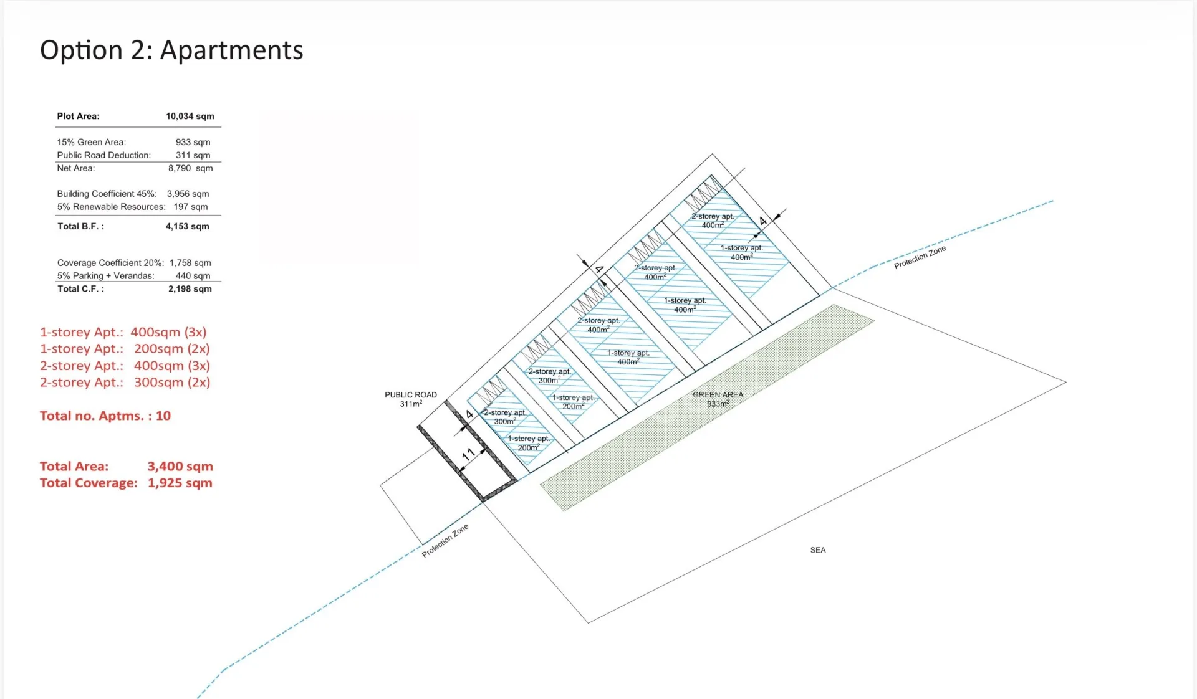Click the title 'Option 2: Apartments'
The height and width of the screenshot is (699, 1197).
[171, 50]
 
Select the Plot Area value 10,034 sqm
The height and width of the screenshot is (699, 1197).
[190, 117]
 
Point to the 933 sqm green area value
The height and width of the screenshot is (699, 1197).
[193, 143]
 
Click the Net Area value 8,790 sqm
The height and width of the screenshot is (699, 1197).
[191, 168]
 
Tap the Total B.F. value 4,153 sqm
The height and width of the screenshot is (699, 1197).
[188, 227]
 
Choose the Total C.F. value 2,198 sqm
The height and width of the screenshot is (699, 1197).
[190, 289]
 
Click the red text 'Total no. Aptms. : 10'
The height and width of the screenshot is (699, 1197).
[105, 416]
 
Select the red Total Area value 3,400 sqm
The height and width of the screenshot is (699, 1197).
[180, 467]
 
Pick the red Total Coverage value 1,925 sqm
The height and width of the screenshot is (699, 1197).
[180, 483]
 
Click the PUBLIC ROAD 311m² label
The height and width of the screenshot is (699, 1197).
[411, 399]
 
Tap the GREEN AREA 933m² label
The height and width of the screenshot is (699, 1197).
[718, 399]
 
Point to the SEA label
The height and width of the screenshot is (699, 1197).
[818, 550]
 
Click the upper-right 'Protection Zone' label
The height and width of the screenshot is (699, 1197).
[920, 257]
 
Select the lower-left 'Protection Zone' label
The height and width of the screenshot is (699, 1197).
[445, 541]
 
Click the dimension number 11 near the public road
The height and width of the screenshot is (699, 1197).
[468, 454]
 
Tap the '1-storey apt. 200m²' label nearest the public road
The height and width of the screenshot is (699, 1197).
[529, 444]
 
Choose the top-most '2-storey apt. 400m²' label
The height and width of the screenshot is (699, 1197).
[713, 221]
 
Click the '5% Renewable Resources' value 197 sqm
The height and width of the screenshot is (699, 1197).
[191, 207]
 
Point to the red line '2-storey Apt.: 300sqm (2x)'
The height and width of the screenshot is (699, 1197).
[125, 383]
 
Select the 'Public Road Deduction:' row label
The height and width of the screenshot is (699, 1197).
[104, 156]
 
